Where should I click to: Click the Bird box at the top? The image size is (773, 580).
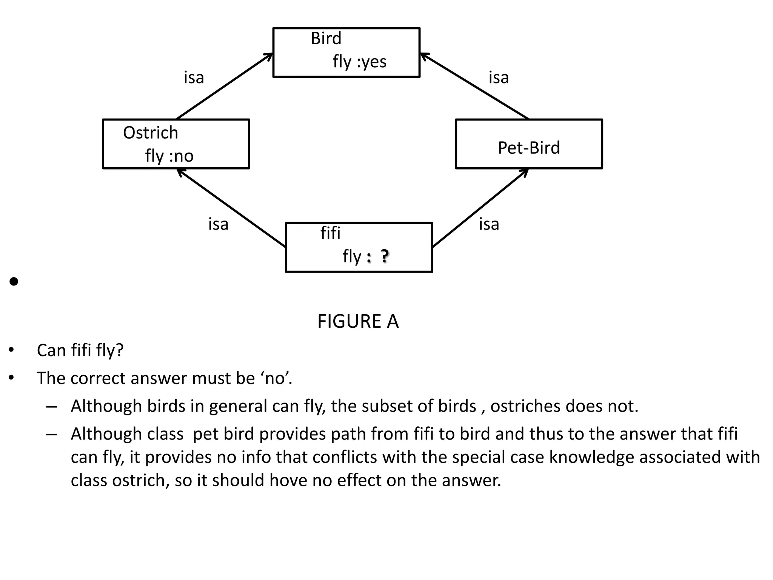click(346, 52)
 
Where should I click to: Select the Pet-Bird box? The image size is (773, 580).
click(528, 144)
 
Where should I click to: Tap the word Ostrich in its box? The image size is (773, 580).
click(150, 133)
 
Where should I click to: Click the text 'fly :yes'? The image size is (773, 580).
click(359, 62)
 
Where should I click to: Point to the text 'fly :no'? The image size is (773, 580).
click(169, 156)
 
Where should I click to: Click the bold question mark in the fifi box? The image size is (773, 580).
click(384, 256)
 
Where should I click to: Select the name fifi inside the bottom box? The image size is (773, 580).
click(330, 233)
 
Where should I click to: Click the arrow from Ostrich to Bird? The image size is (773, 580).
click(224, 86)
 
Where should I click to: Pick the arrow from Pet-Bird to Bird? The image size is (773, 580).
click(474, 86)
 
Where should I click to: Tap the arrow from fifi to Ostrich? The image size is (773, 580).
click(231, 208)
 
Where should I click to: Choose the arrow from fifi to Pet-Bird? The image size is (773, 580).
click(480, 208)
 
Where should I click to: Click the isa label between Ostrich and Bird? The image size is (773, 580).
click(194, 78)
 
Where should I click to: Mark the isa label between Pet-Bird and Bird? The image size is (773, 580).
click(499, 78)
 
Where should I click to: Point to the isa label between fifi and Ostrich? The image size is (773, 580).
click(218, 224)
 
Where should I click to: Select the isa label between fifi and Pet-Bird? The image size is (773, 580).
click(489, 224)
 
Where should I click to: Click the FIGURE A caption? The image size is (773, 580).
click(358, 321)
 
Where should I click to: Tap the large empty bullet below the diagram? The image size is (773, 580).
click(14, 282)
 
